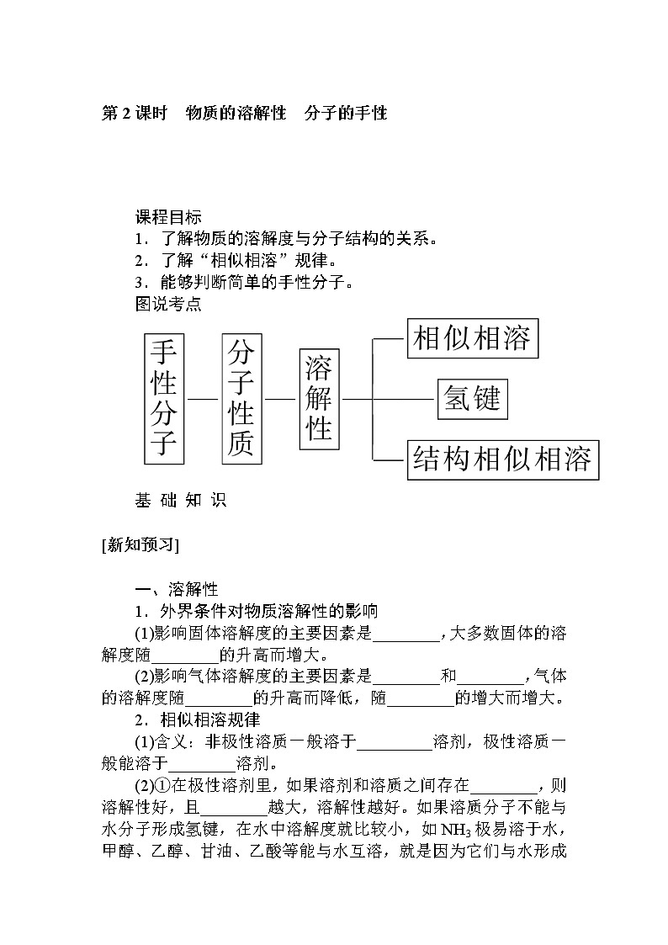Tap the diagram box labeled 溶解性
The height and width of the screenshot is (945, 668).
[319, 397]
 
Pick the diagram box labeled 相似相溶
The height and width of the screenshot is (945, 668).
[472, 338]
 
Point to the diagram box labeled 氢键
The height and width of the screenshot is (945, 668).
[473, 398]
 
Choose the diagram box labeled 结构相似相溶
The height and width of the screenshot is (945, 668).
[502, 459]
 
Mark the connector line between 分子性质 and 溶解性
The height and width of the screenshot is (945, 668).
[280, 398]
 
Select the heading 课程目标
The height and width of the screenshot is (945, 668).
[168, 216]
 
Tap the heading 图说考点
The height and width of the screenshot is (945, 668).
[168, 304]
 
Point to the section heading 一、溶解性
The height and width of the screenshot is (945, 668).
[177, 590]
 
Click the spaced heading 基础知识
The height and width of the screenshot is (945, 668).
[180, 500]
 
